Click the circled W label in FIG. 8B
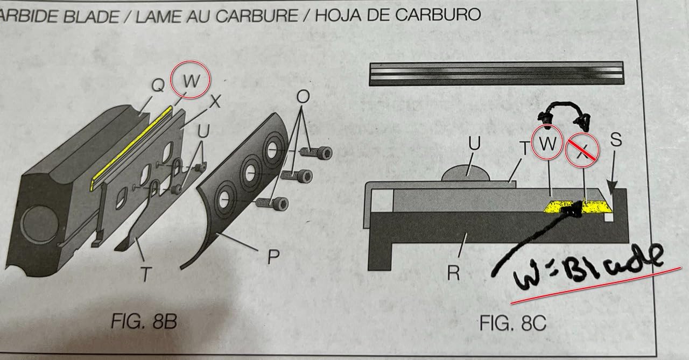click(x=191, y=80)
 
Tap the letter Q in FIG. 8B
click(x=158, y=85)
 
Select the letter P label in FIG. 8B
click(x=273, y=256)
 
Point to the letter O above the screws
click(x=303, y=97)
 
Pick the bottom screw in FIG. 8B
click(x=272, y=203)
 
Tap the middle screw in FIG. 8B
click(x=297, y=175)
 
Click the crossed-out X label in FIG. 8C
click(x=582, y=150)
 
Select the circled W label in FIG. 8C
click(x=547, y=143)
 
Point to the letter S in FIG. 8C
click(x=616, y=139)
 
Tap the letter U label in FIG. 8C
click(x=474, y=143)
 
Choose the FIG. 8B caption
click(x=144, y=322)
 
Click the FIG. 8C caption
click(x=513, y=323)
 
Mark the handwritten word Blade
click(x=612, y=265)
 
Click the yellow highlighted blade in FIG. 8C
click(x=578, y=206)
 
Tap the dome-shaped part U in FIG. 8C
click(x=466, y=173)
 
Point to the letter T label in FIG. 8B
click(x=146, y=274)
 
